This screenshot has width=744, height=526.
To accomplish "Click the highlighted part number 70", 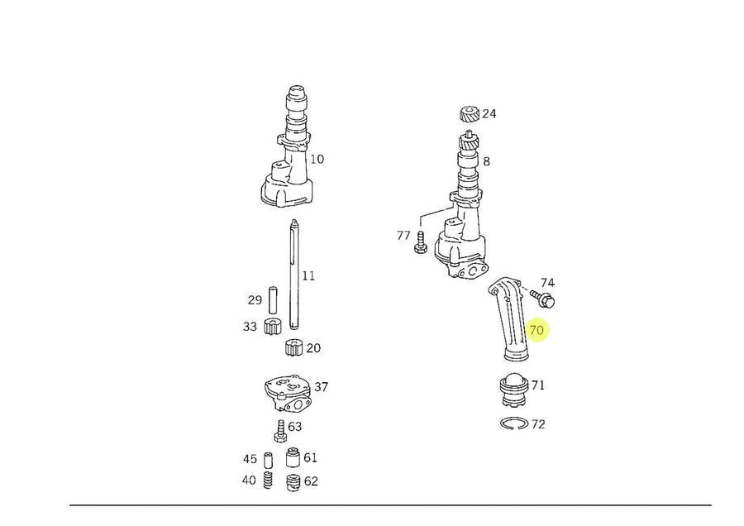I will pyautogui.click(x=537, y=330).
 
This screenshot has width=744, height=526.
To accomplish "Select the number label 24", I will pyautogui.click(x=489, y=114).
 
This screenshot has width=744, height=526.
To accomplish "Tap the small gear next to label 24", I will pyautogui.click(x=469, y=114).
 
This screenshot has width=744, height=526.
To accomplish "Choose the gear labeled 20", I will pyautogui.click(x=293, y=348).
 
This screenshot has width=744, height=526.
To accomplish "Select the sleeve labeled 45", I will pyautogui.click(x=269, y=460).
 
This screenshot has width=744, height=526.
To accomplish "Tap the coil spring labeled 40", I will pyautogui.click(x=269, y=481).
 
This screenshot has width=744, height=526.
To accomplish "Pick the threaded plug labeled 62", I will pyautogui.click(x=292, y=482).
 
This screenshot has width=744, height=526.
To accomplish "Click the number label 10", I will pyautogui.click(x=317, y=159).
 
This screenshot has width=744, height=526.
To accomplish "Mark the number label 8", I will pyautogui.click(x=487, y=162).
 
